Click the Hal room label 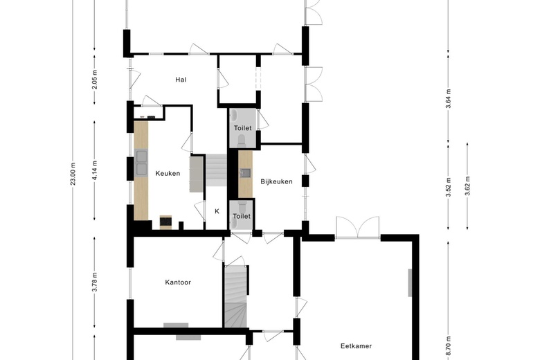[x=181, y=80]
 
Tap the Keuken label [x=168, y=173]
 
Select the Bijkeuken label [x=276, y=181]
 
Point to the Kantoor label [x=178, y=282]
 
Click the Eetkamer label [x=356, y=346]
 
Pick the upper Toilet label [x=243, y=128]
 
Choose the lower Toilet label [x=242, y=216]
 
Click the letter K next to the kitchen [x=217, y=211]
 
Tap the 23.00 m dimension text [x=73, y=173]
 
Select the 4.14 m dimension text [x=95, y=170]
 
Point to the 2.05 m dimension [x=95, y=80]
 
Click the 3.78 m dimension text [x=95, y=282]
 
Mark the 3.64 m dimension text [x=448, y=98]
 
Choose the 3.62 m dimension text [x=467, y=186]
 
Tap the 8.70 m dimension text [x=448, y=347]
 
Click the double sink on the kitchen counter [x=141, y=163]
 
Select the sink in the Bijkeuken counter [x=246, y=172]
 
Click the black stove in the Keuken [x=165, y=222]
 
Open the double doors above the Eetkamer [x=358, y=227]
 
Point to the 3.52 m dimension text [x=448, y=187]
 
